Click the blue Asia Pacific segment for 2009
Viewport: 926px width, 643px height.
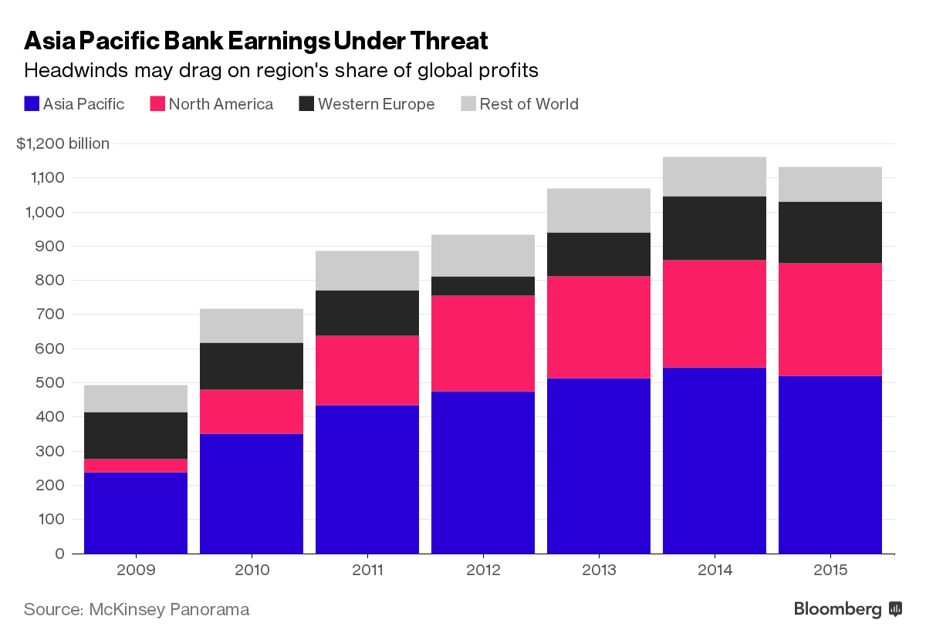[x=136, y=513]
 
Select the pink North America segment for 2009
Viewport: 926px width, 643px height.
[x=136, y=466]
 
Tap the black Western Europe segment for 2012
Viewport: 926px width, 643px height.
[x=483, y=286]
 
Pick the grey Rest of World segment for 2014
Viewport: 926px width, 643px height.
[x=715, y=177]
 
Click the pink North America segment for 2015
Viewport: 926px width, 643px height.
[x=830, y=320]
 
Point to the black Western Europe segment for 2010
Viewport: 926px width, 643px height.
[x=252, y=366]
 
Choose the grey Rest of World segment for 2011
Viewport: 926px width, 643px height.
[x=367, y=271]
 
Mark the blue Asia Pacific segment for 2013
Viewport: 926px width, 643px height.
[x=599, y=466]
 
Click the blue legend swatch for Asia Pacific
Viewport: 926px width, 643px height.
[x=32, y=104]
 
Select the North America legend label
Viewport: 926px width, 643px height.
[x=221, y=104]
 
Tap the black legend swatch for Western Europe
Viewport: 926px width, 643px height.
[x=306, y=104]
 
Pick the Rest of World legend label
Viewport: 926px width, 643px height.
[x=529, y=104]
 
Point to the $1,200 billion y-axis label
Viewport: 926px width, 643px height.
[x=63, y=143]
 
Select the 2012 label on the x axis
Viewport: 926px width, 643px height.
[x=483, y=571]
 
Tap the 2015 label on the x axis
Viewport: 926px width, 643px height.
[x=830, y=571]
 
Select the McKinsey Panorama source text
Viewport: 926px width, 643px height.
[x=169, y=609]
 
